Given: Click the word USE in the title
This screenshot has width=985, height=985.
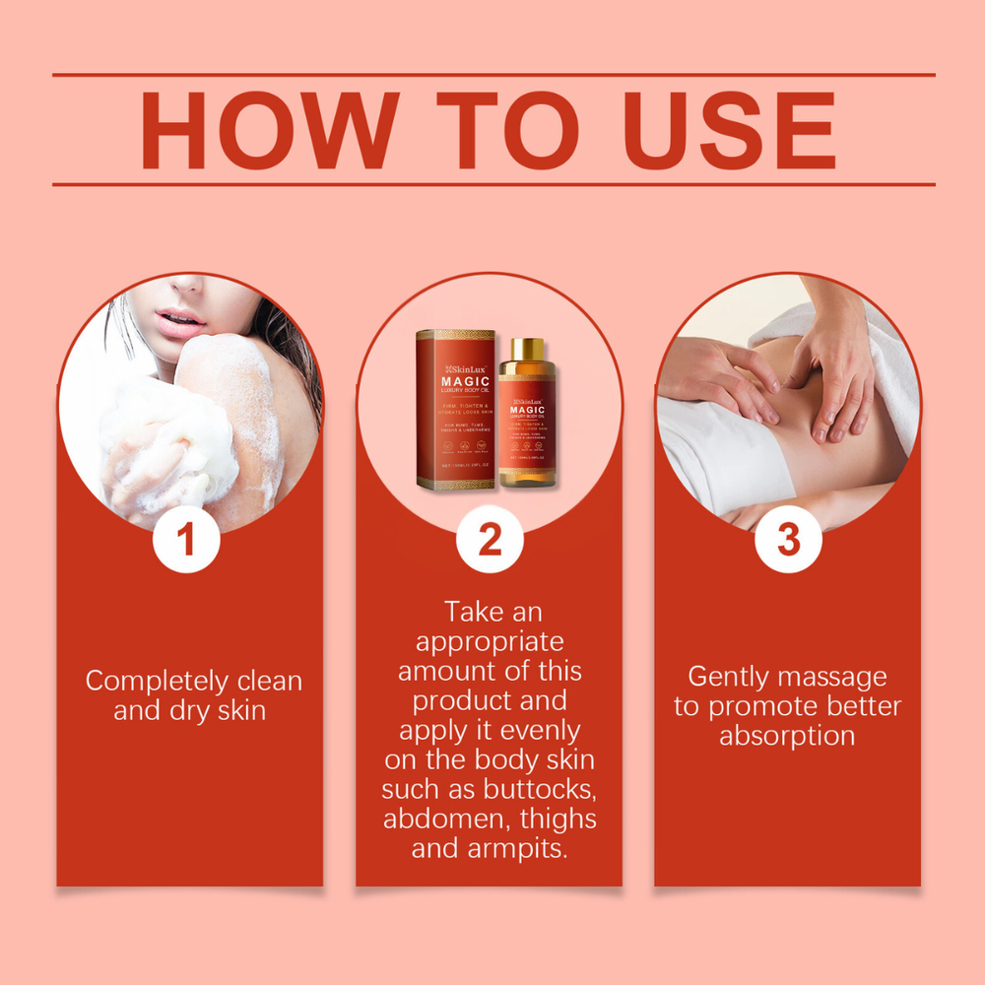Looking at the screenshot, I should pos(730,130).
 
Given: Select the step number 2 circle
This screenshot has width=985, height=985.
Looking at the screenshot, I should pos(490,540).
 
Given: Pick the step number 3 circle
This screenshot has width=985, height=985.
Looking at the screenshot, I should pos(788,540).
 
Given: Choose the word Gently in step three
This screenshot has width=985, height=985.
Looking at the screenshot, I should pos(729,678).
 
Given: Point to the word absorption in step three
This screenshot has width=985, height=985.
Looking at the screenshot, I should pos(787,737).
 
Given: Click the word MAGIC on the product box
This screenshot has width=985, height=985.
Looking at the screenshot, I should pos(452,382).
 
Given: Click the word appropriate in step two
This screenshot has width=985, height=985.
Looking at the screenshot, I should pos(490,642).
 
